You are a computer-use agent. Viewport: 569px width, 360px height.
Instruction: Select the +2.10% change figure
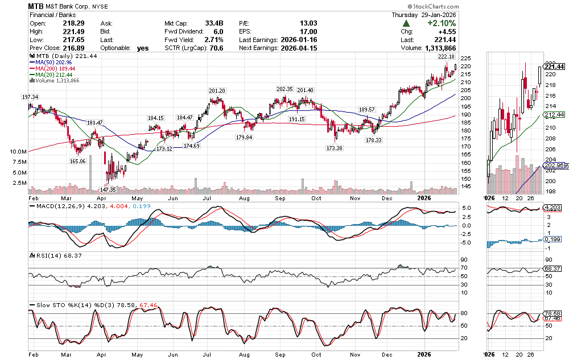tap(443, 23)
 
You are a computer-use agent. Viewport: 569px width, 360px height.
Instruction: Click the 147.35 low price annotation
tap(108, 189)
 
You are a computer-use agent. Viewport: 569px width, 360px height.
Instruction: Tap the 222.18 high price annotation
tap(446, 57)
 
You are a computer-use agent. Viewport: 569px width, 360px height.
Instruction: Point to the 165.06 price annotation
tap(77, 161)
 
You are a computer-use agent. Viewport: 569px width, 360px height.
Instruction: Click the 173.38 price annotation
tap(334, 148)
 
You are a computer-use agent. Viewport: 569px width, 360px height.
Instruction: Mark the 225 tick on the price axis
tap(465, 59)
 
